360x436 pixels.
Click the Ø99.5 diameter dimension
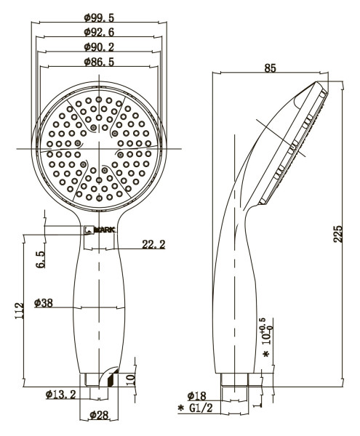101,17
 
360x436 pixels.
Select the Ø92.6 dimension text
101,32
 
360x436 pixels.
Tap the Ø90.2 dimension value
101,47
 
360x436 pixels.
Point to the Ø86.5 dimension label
101,63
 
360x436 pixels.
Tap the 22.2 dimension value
153,245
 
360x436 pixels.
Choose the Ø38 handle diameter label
45,303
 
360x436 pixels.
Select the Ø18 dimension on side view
196,395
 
